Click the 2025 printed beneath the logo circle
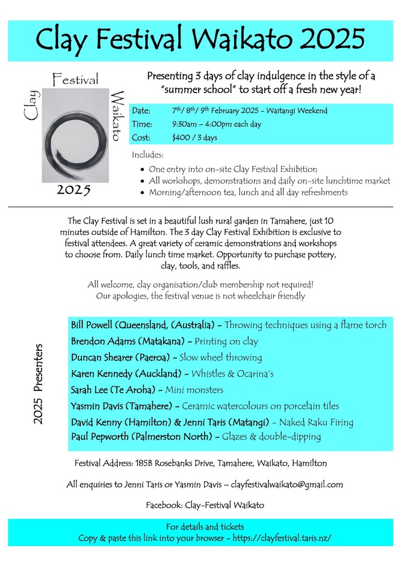[73, 190]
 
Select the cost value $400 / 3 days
[194, 138]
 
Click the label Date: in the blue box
[140, 111]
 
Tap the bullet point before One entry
[141, 170]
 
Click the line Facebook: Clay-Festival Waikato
[205, 505]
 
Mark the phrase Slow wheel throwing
[228, 357]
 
